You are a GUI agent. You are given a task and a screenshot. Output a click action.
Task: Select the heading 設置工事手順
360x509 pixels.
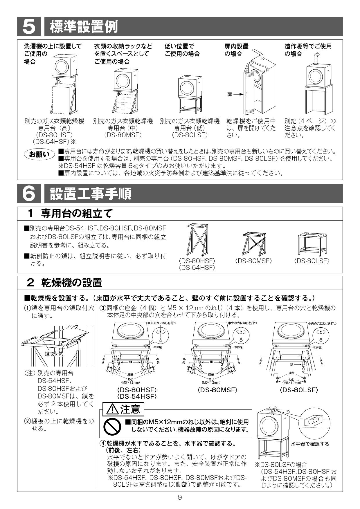coord(91,194)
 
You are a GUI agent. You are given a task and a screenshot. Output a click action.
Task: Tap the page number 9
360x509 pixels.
coord(180,497)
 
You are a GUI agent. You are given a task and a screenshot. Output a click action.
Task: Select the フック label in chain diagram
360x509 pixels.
coord(72,326)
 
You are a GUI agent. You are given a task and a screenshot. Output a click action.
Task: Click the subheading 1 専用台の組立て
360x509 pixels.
coord(70,214)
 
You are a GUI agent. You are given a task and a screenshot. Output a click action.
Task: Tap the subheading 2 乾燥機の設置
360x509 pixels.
coord(64,282)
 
